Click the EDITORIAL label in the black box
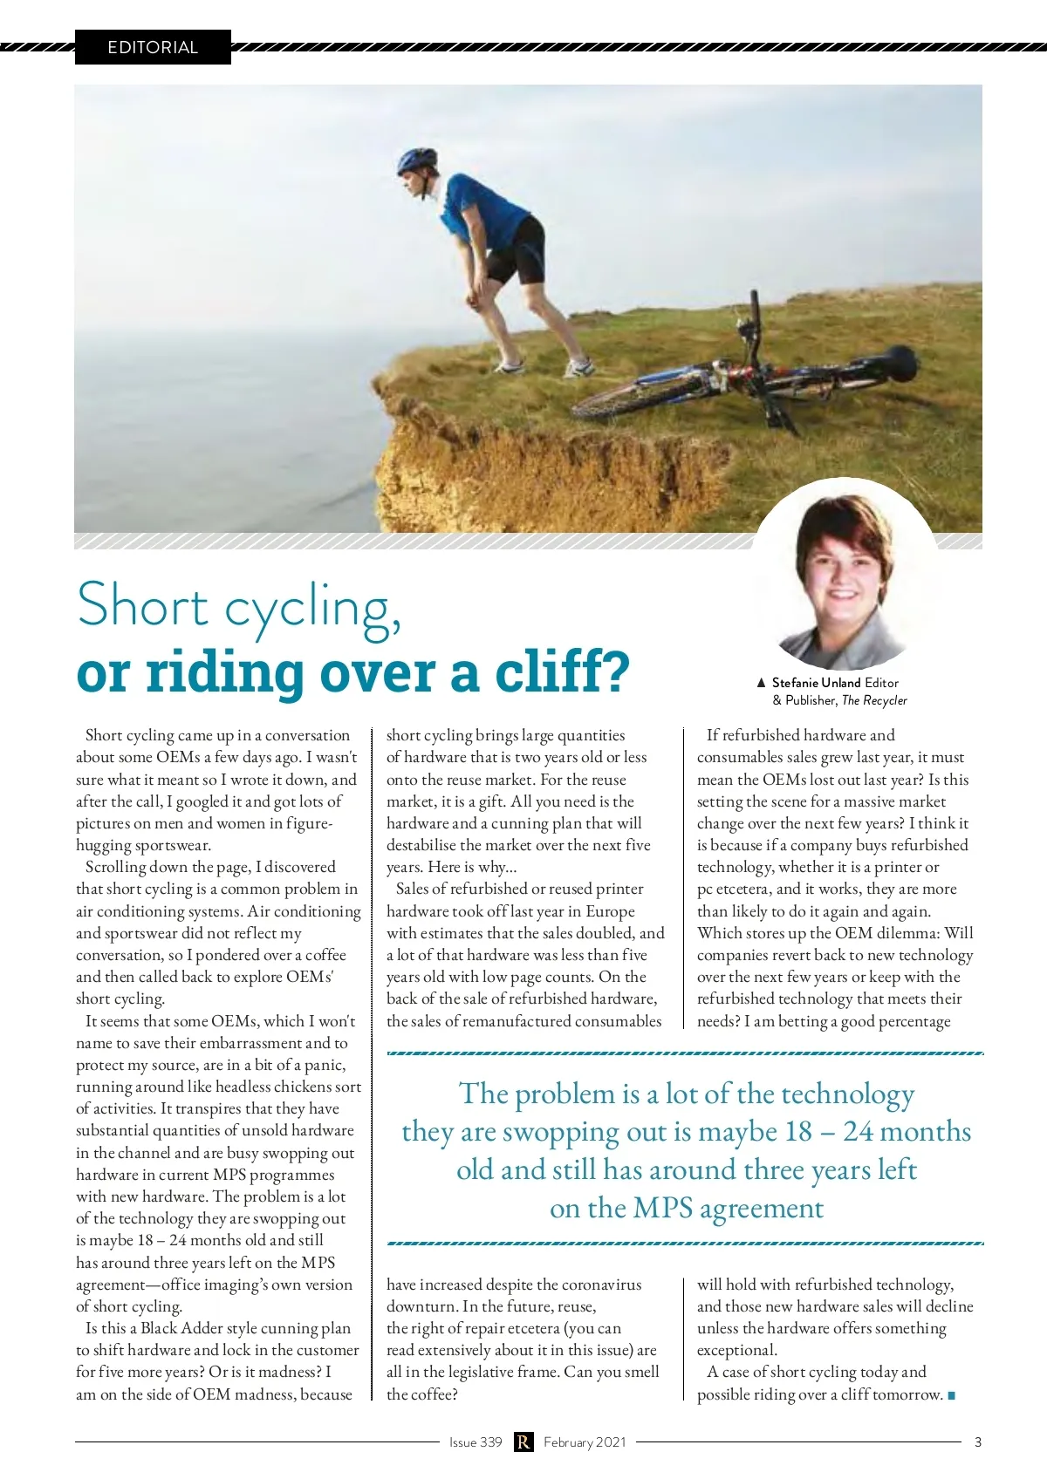point(153,47)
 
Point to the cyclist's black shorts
point(517,249)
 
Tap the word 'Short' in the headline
point(142,604)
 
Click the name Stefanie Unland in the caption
point(816,683)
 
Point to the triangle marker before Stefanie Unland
point(761,683)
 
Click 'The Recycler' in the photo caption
point(874,700)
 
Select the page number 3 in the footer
point(977,1442)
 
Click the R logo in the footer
point(523,1442)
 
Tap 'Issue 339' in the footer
point(476,1442)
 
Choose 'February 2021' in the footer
point(585,1442)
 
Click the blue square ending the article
point(951,1395)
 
